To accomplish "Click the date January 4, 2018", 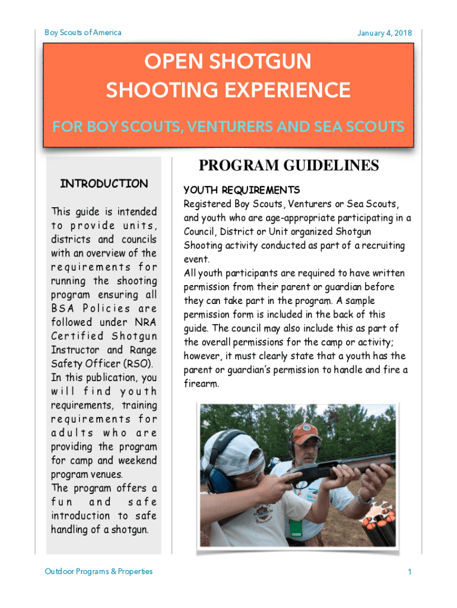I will [x=384, y=33].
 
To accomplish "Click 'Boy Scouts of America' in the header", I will [x=83, y=32].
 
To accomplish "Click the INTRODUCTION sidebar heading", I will [x=104, y=183].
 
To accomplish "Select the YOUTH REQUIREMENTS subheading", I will [x=242, y=190].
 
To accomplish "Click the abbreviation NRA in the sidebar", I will [x=145, y=322].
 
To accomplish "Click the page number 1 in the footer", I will [x=410, y=572].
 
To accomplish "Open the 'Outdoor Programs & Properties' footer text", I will [x=99, y=571].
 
